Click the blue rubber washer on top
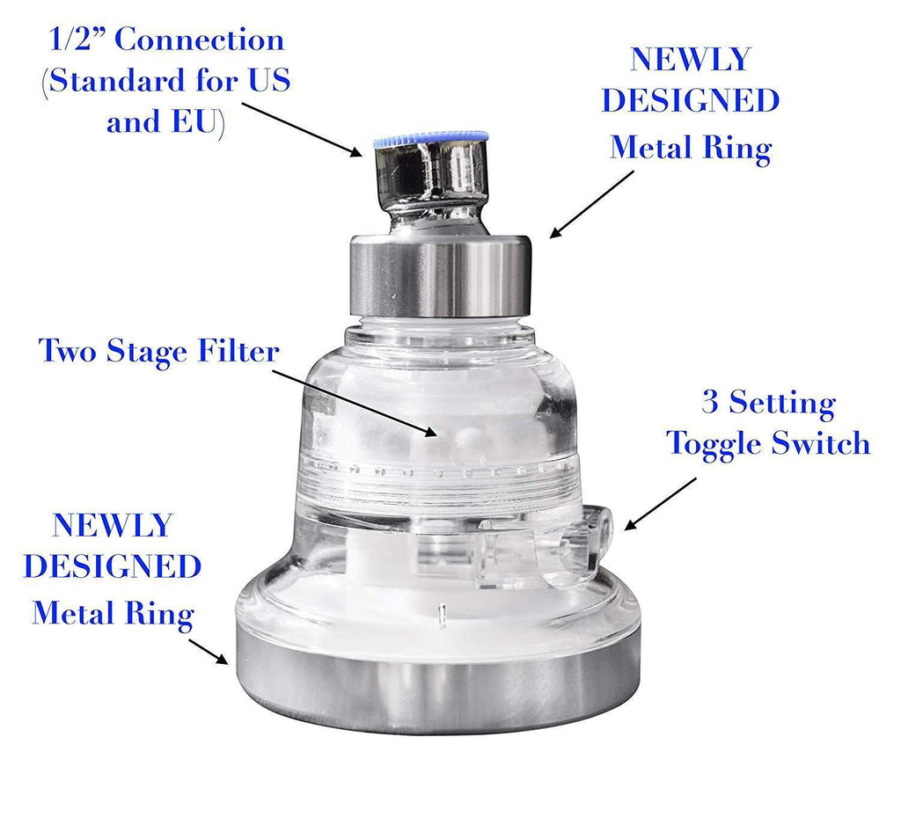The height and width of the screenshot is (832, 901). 430,138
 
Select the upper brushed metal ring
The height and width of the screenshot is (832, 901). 441,275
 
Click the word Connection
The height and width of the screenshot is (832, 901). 200,40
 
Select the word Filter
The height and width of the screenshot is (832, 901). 238,351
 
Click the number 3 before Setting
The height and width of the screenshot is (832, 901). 710,402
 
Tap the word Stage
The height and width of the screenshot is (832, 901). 148,353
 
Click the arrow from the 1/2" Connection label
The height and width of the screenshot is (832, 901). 302,130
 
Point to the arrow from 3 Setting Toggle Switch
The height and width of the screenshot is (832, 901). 660,503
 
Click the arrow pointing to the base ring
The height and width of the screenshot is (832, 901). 209,651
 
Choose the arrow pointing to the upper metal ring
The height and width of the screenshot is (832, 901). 591,204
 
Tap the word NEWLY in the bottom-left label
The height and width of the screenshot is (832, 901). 112,525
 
